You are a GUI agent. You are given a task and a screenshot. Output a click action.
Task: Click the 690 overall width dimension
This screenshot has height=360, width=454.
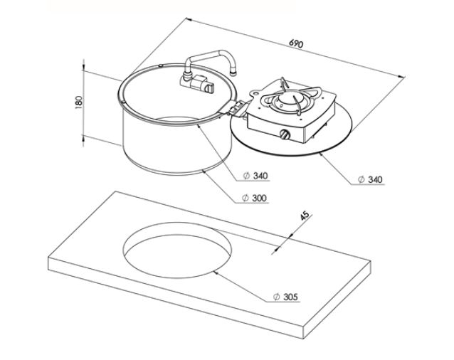(x=296, y=44)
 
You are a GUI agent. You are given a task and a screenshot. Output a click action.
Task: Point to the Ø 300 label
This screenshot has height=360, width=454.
(x=255, y=197)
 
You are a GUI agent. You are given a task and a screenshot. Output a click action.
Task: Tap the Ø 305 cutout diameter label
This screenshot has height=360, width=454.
(x=287, y=295)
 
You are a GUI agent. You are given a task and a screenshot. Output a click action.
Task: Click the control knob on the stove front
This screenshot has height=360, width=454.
(x=285, y=134)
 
